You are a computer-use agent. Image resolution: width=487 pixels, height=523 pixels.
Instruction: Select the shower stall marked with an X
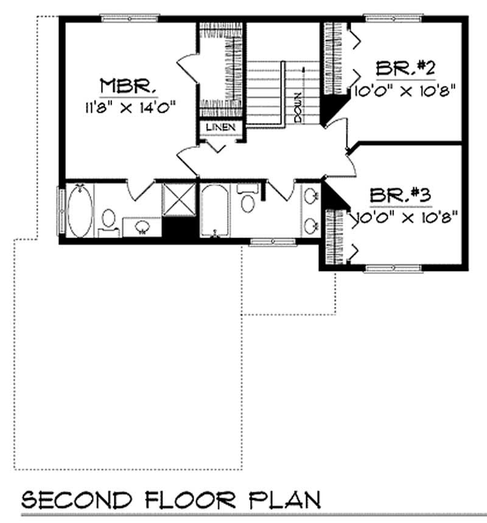180,198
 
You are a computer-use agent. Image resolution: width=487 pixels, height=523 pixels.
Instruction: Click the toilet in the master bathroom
110,219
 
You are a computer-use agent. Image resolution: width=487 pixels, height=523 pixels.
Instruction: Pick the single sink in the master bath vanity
142,226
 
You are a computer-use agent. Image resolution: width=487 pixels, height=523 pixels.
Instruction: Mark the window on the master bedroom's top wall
130,19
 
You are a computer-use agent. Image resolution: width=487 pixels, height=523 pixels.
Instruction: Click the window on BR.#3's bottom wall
393,268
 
